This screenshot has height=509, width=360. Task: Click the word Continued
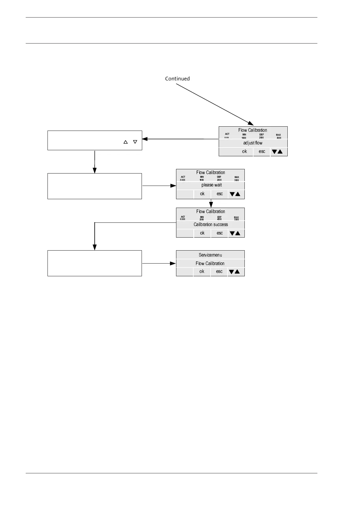(177, 79)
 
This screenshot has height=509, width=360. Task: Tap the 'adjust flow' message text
(253, 143)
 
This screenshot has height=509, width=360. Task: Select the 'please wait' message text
(211, 185)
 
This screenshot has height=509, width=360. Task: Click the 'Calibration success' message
(211, 225)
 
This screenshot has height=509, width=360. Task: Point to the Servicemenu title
(210, 255)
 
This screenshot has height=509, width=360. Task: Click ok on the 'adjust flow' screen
(244, 151)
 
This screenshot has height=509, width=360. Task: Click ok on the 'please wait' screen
(202, 194)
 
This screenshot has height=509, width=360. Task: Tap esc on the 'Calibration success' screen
(220, 233)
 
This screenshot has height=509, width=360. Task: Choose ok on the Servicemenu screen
(202, 271)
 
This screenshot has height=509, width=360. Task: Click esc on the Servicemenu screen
(219, 271)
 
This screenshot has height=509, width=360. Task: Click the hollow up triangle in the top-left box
(126, 142)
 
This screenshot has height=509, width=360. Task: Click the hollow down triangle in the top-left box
(135, 142)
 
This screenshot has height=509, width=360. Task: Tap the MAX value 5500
(237, 219)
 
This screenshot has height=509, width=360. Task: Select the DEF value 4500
(219, 219)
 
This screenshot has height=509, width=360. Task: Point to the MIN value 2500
(202, 219)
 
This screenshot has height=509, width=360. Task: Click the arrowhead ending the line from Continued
(251, 123)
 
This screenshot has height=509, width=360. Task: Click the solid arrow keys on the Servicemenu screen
(234, 272)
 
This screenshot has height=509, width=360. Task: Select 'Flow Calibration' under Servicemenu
(210, 264)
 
